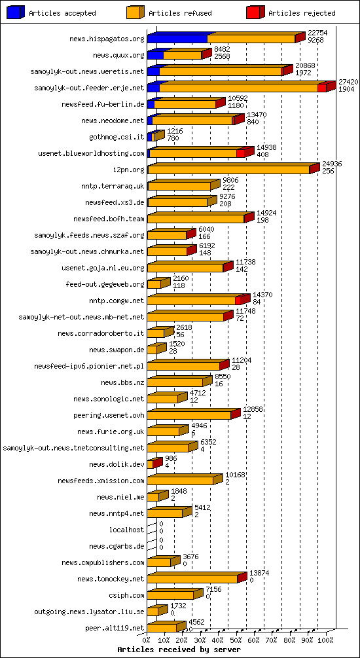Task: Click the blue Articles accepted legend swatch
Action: [x=16, y=12]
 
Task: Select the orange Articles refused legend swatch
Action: [x=135, y=12]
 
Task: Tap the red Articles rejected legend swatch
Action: [x=255, y=12]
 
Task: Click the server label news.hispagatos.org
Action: [x=107, y=39]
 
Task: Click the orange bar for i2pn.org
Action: [x=228, y=170]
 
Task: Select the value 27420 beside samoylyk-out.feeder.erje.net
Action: [x=348, y=82]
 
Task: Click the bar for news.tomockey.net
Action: [x=192, y=579]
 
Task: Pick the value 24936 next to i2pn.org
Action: [x=332, y=164]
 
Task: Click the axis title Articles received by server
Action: [x=179, y=649]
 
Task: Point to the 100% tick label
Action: [x=326, y=640]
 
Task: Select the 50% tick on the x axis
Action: [x=236, y=640]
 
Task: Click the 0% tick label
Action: [x=147, y=640]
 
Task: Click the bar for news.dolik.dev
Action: [x=153, y=464]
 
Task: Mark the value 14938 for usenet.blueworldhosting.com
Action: [x=266, y=148]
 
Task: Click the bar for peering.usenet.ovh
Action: [x=189, y=415]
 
